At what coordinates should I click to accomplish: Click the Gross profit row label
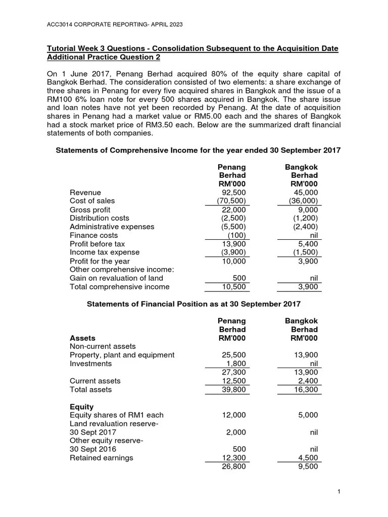(90, 210)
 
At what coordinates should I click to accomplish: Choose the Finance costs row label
(93, 235)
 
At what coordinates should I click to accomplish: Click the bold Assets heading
(82, 338)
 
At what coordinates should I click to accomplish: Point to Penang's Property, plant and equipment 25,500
(234, 355)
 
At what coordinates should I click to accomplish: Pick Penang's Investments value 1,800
(236, 364)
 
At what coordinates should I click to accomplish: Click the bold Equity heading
(81, 406)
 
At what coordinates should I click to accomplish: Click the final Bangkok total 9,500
(308, 467)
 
